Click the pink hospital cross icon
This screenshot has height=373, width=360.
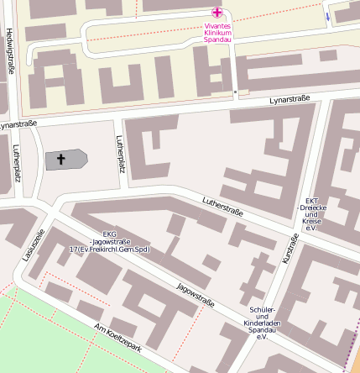tap(217, 13)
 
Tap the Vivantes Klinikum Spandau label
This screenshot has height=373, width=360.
tap(217, 32)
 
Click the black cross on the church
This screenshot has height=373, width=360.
tap(60, 159)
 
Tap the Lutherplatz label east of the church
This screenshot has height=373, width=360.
tap(122, 155)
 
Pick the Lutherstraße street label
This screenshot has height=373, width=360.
tap(223, 207)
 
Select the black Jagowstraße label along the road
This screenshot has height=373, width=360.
tap(196, 295)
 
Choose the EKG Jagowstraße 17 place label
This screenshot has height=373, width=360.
tap(109, 242)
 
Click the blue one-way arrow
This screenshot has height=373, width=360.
tap(326, 15)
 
